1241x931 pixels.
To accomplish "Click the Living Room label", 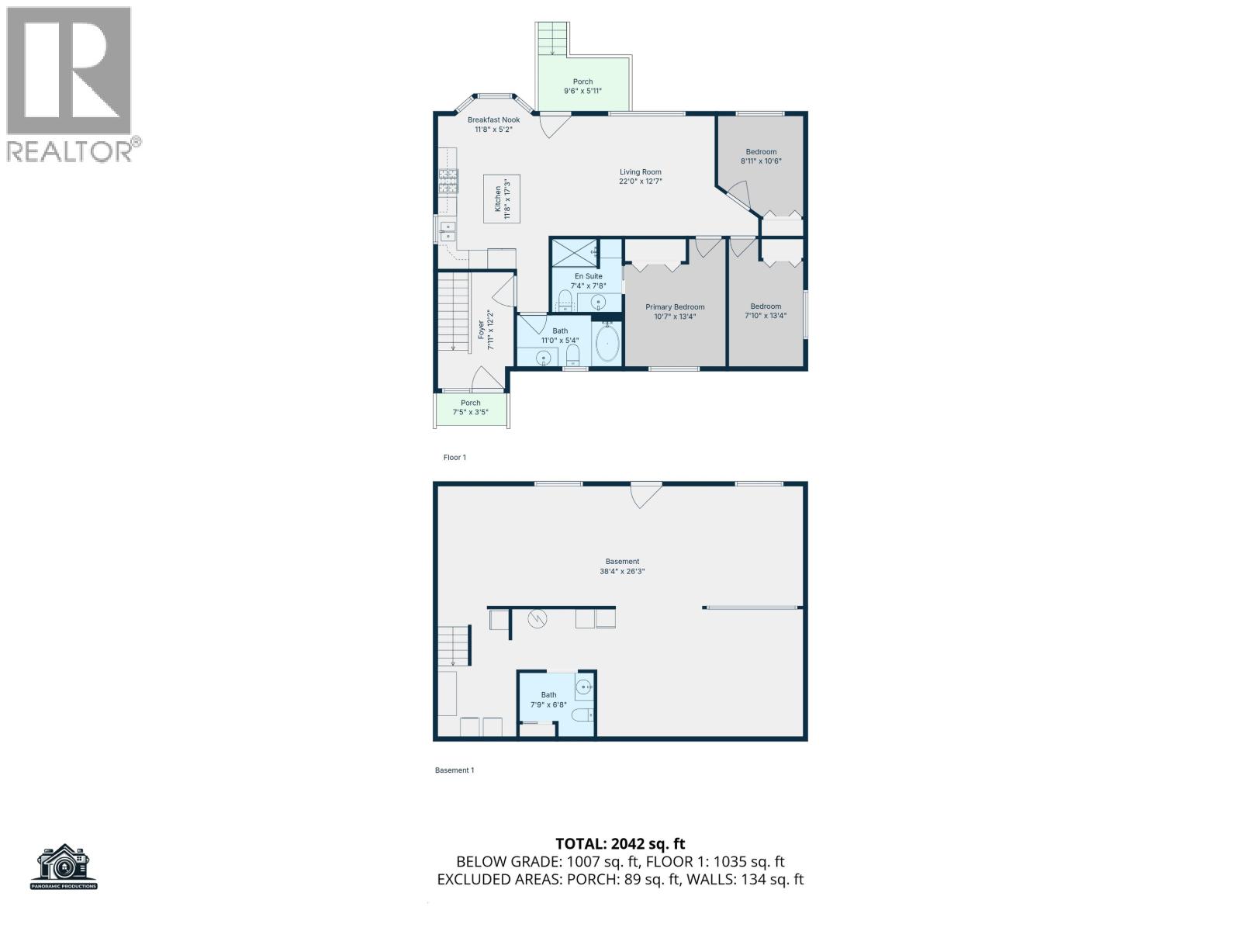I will pos(640,172).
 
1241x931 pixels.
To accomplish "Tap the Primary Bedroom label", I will pos(675,307).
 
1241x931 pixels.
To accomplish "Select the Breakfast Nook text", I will pos(493,119).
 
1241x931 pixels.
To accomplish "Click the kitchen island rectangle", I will pos(502,199).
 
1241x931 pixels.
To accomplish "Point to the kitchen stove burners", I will pos(448,182).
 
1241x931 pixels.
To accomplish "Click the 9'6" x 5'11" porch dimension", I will pos(582,91).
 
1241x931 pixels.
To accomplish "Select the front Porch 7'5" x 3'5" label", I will pos(470,407).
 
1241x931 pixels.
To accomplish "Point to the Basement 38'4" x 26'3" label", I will pos(622,566).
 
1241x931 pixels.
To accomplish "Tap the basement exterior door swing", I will pos(645,494).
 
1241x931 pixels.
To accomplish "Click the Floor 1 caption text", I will pos(455,458).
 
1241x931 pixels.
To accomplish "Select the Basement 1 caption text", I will pos(454,770).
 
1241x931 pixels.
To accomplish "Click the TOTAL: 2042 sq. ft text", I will pos(620,843).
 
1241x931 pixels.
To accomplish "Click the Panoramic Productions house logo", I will pos(64,866).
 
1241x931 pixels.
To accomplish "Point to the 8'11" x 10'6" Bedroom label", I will pos(761,157).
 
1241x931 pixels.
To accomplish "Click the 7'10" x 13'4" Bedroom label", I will pos(766,310).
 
